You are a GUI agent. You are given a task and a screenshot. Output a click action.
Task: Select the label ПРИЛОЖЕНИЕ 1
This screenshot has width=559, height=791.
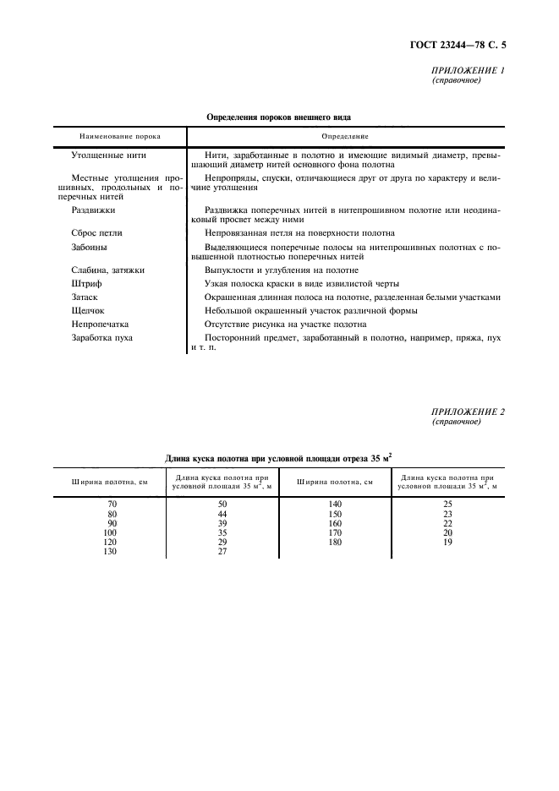pyautogui.click(x=468, y=70)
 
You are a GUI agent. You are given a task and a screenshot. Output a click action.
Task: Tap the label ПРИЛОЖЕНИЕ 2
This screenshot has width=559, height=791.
pyautogui.click(x=468, y=412)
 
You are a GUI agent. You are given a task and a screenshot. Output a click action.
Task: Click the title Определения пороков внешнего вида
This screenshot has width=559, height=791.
pyautogui.click(x=279, y=117)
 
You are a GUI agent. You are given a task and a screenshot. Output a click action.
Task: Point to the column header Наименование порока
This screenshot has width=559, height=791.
pyautogui.click(x=120, y=136)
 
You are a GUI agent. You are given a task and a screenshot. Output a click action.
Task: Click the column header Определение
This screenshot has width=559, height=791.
pyautogui.click(x=344, y=136)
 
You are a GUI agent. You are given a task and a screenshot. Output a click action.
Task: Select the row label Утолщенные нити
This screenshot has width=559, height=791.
pyautogui.click(x=110, y=155)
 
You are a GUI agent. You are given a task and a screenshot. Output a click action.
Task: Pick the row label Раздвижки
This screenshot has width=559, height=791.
pyautogui.click(x=94, y=209)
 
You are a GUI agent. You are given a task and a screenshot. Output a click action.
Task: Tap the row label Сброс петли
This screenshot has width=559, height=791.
pyautogui.click(x=98, y=233)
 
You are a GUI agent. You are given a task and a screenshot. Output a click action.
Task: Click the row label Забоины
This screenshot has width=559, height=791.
pyautogui.click(x=90, y=248)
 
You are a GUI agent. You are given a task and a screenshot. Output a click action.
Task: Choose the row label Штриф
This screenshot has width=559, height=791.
pyautogui.click(x=87, y=284)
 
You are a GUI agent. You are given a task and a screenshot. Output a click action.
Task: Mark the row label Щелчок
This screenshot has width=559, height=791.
pyautogui.click(x=90, y=311)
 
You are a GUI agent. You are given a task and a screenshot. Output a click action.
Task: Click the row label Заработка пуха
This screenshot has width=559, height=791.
pyautogui.click(x=103, y=338)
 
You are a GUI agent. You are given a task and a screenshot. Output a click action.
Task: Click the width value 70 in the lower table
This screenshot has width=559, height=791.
pyautogui.click(x=109, y=504)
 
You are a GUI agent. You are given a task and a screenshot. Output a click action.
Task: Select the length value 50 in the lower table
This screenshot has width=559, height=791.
pyautogui.click(x=222, y=504)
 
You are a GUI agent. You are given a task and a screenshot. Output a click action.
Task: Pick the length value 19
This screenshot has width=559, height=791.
pyautogui.click(x=448, y=543)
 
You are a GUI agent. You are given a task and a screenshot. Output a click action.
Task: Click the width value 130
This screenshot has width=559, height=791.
pyautogui.click(x=109, y=553)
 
